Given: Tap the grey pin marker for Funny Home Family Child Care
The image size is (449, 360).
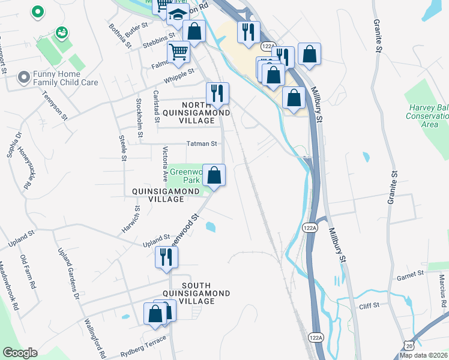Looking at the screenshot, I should [24, 77].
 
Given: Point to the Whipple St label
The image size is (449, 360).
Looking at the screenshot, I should [183, 72].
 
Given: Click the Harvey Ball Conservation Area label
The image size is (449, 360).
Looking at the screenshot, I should [427, 115].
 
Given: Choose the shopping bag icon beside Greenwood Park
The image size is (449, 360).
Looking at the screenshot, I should [214, 175].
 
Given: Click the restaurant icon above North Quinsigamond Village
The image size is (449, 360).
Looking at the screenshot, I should [217, 93].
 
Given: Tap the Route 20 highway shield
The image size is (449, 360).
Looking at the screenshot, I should [409, 346].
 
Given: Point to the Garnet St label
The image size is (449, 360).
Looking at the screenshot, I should [411, 273].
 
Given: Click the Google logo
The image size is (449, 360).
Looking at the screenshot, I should [20, 353].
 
